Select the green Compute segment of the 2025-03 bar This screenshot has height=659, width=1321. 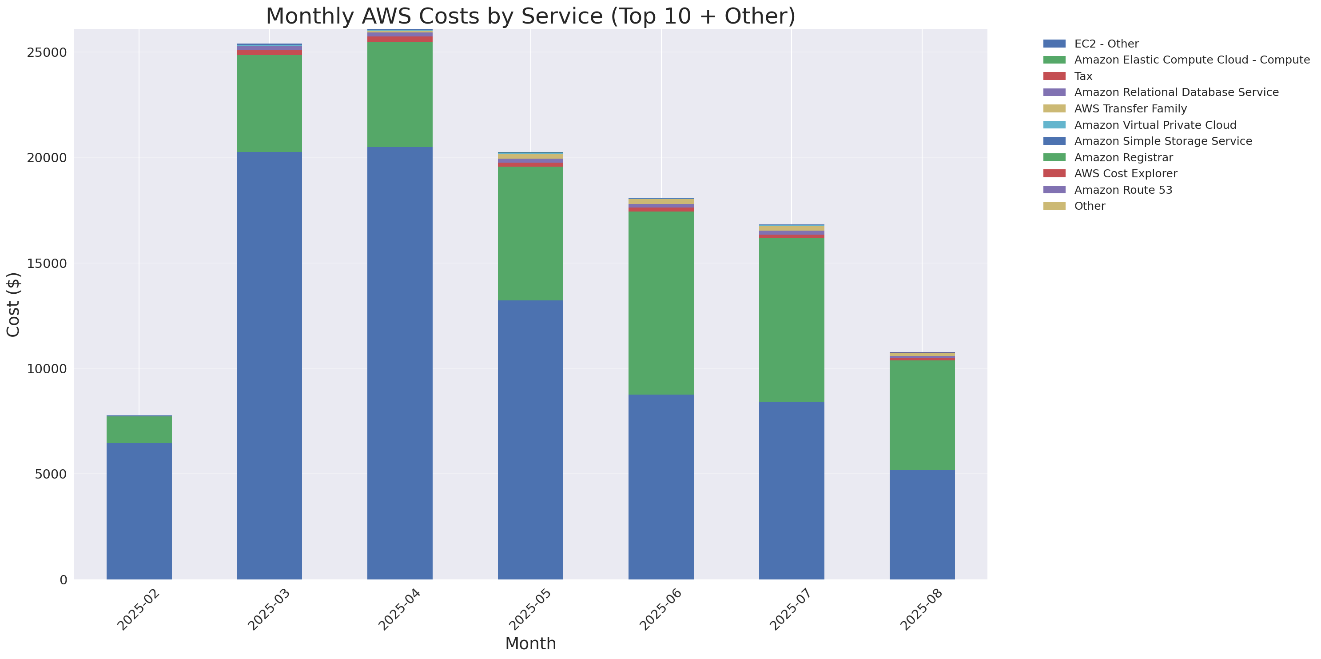[x=269, y=104]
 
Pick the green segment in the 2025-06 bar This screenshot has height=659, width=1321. [x=661, y=303]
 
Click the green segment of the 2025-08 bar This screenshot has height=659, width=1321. [x=922, y=415]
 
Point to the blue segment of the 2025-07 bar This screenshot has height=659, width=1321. [x=791, y=490]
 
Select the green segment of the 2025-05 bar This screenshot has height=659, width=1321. [x=530, y=233]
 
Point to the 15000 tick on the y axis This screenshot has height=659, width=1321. [x=47, y=264]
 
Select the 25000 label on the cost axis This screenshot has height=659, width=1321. [x=47, y=53]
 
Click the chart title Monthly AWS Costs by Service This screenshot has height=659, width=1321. [x=530, y=16]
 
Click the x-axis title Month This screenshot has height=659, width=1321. [x=530, y=643]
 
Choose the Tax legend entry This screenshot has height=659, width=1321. [x=1083, y=76]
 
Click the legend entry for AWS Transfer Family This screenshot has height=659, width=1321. [x=1130, y=109]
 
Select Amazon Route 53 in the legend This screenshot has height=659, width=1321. [x=1123, y=190]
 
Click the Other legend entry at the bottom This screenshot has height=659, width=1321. [x=1089, y=206]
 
